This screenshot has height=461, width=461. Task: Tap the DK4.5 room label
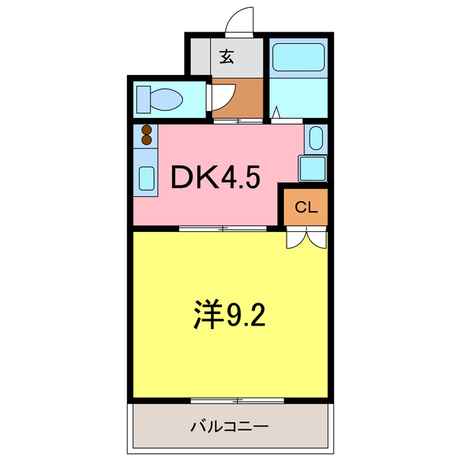[x=214, y=177]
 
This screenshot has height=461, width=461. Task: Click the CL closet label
[x=306, y=208]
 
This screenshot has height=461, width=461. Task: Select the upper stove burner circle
[x=147, y=130]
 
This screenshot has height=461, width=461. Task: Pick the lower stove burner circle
[x=147, y=140]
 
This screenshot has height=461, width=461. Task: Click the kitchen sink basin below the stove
[x=146, y=177]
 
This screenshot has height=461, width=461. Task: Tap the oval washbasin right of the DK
[x=315, y=137]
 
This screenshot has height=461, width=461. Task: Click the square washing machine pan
[x=313, y=168]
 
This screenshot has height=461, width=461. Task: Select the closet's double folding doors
[x=307, y=238]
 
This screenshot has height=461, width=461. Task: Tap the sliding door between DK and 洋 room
[x=223, y=229]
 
